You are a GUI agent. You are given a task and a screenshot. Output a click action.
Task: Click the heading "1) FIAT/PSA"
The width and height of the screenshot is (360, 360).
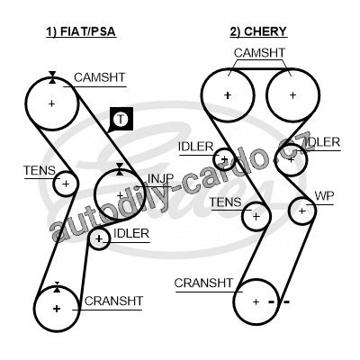pyautogui.click(x=81, y=31)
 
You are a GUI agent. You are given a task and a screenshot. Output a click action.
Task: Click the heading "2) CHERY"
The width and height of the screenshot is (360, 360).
pyautogui.click(x=258, y=31)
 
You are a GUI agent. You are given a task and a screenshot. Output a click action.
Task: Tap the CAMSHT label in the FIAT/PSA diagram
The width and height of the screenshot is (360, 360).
pyautogui.click(x=99, y=77)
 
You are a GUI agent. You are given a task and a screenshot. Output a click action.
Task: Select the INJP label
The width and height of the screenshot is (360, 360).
pyautogui.click(x=161, y=179)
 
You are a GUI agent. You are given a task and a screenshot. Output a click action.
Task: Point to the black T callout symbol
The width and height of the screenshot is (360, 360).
pyautogui.click(x=121, y=119)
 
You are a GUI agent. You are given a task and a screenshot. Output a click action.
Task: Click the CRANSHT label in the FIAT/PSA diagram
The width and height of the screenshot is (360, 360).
pyautogui.click(x=113, y=301)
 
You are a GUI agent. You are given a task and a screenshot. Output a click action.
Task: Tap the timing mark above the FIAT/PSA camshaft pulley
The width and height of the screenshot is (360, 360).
pyautogui.click(x=52, y=77)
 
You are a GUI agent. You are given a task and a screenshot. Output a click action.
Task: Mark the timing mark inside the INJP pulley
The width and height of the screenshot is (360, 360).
pyautogui.click(x=120, y=169)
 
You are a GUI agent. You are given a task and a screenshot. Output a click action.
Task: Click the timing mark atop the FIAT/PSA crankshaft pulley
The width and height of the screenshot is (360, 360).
pyautogui.click(x=57, y=287)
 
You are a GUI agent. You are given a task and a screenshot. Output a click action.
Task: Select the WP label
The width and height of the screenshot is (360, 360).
pyautogui.click(x=324, y=196)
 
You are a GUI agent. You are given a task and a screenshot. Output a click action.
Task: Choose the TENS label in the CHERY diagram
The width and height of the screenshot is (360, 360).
pyautogui.click(x=225, y=202)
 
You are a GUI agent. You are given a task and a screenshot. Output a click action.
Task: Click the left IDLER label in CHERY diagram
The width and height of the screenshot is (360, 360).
pyautogui.click(x=195, y=147)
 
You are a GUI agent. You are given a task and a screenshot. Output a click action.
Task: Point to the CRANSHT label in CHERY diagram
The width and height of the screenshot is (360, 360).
pyautogui.click(x=203, y=283)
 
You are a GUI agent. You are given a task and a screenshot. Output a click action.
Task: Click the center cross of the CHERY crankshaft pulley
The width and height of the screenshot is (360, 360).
pyautogui.click(x=256, y=301)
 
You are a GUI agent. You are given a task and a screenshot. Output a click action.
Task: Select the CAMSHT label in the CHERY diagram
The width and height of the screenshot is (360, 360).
pyautogui.click(x=259, y=53)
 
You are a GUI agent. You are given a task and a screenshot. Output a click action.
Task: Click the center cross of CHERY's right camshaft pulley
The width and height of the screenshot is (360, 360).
pyautogui.click(x=292, y=95)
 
